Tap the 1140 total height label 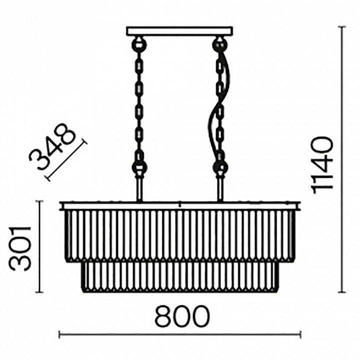[322, 163]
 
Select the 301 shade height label [19, 249]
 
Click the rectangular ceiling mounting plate [179, 31]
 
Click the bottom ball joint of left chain [139, 167]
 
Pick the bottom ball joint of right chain [220, 167]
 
